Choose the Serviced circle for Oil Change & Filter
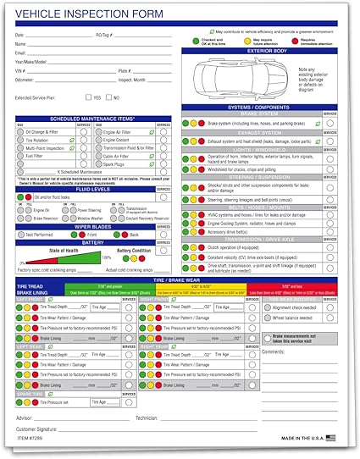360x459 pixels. (x=84, y=131)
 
